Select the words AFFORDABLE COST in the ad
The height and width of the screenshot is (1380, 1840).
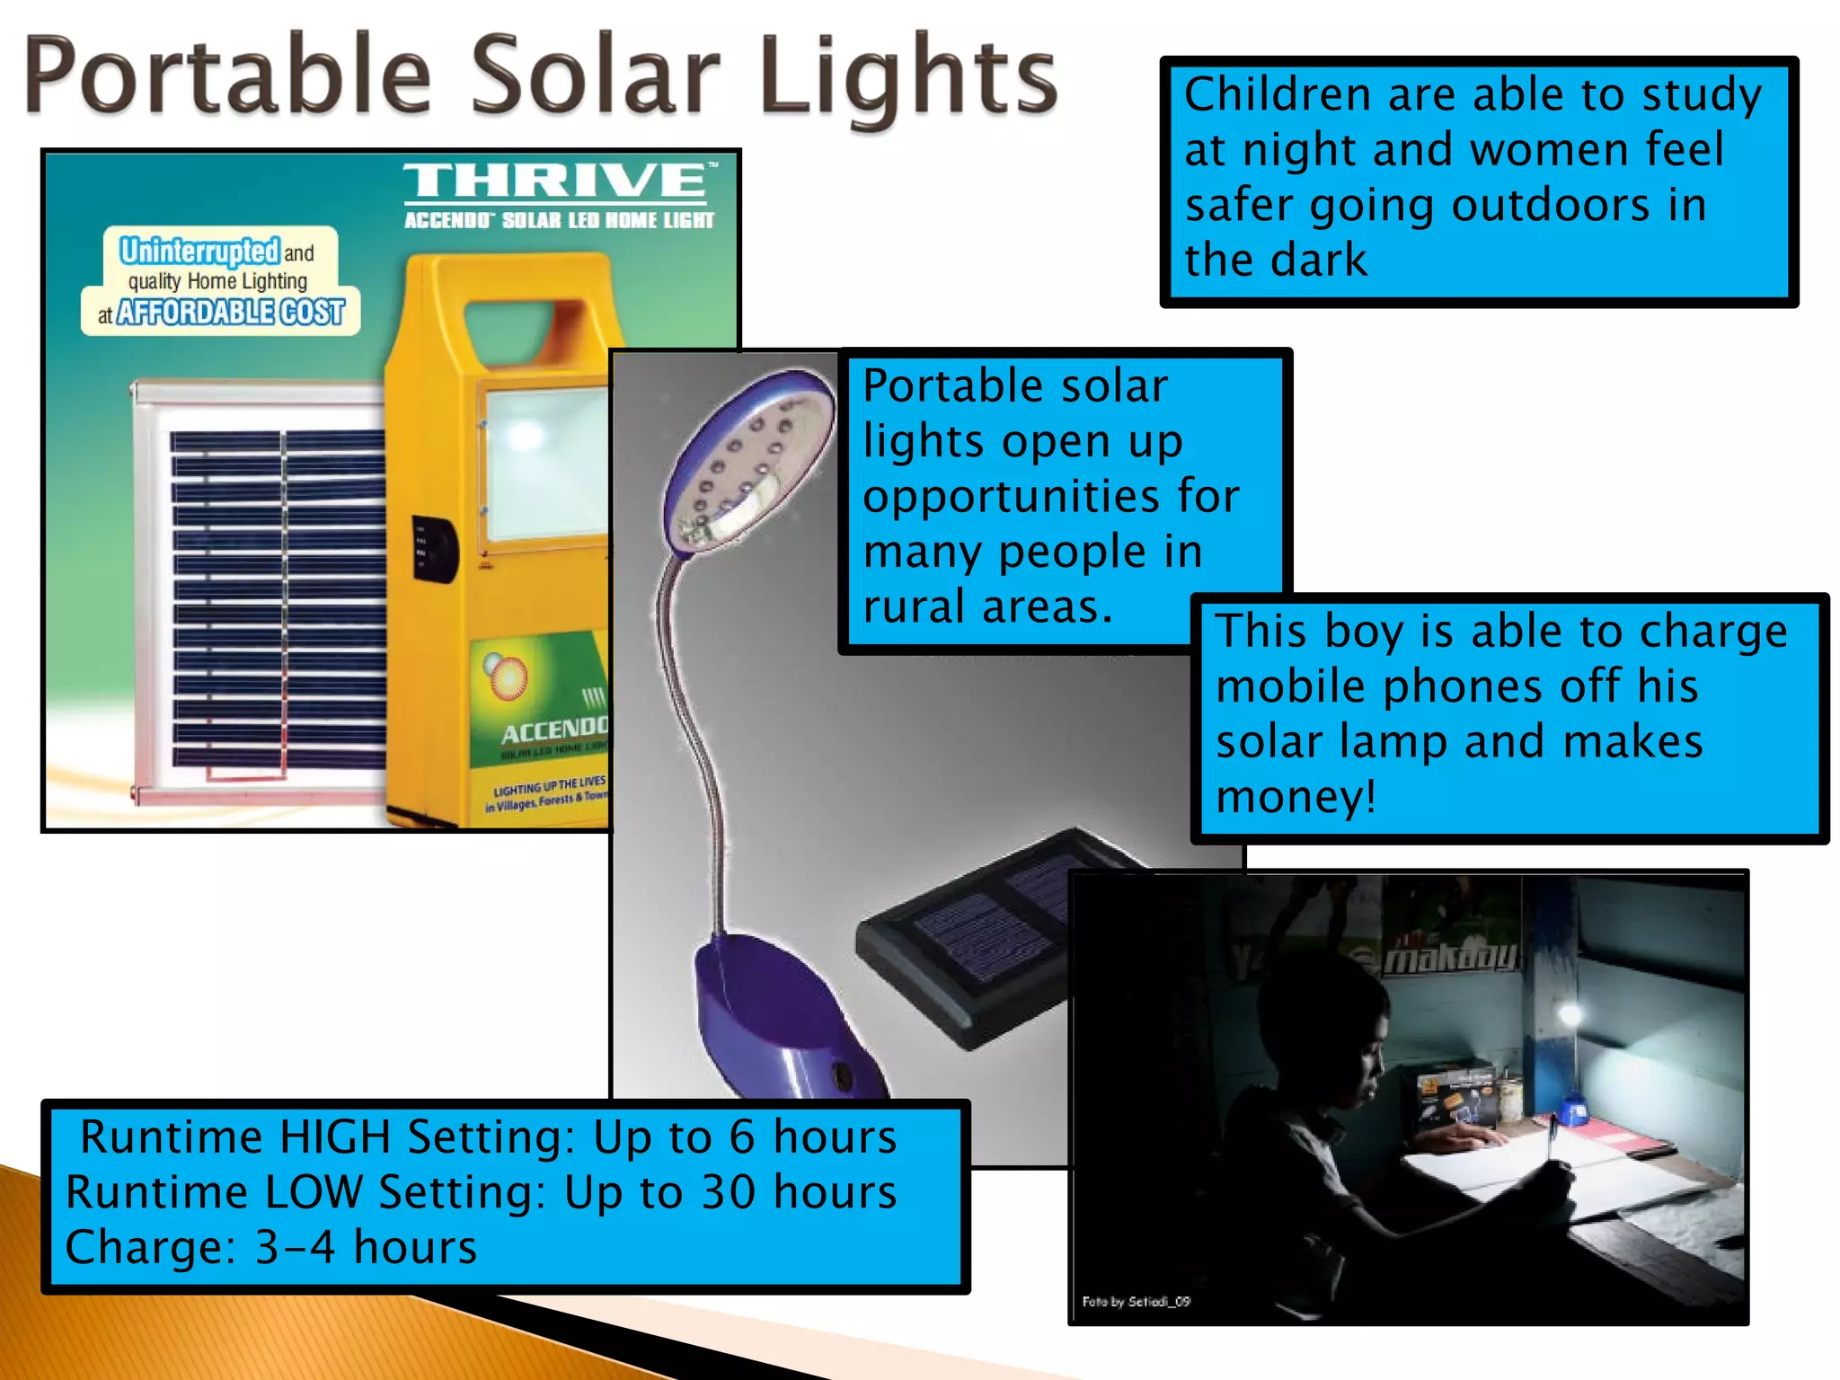tap(230, 313)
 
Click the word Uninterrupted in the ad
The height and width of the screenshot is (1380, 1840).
tap(199, 251)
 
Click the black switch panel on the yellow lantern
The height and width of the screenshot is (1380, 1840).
tap(434, 547)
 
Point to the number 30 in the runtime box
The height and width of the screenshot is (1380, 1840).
tap(729, 1193)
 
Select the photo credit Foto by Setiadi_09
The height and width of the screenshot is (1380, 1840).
tap(1136, 1301)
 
